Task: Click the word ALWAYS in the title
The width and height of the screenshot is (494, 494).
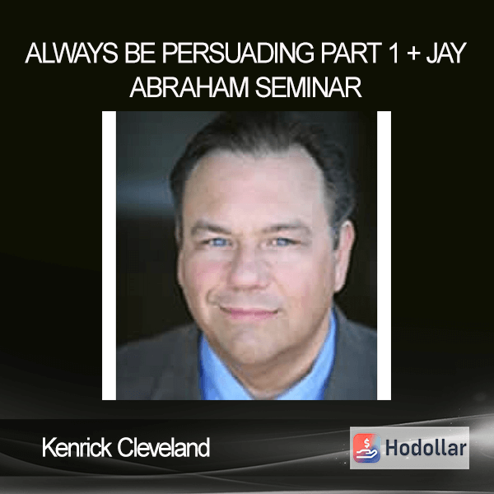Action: tap(72, 53)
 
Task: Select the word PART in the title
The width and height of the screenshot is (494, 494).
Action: tap(352, 53)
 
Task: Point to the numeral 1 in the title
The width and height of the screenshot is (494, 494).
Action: tap(394, 53)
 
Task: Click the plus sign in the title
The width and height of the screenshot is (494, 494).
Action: tap(413, 54)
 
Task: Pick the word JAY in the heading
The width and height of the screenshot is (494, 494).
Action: tap(446, 53)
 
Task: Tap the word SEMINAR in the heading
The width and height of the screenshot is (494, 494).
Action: tap(308, 87)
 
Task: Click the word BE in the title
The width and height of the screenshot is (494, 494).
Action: tap(140, 53)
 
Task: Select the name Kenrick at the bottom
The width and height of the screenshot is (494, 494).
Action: tap(77, 447)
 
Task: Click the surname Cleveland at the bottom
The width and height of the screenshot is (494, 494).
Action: tap(164, 447)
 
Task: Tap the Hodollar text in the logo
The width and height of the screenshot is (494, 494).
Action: tap(426, 448)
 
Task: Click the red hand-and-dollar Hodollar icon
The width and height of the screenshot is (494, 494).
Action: tap(366, 448)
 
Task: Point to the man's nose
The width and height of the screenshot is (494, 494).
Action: tap(249, 271)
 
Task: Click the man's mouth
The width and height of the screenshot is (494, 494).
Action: tap(249, 312)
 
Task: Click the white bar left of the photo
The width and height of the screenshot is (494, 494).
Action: tap(109, 255)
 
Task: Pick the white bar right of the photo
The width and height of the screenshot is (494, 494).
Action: tap(384, 255)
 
